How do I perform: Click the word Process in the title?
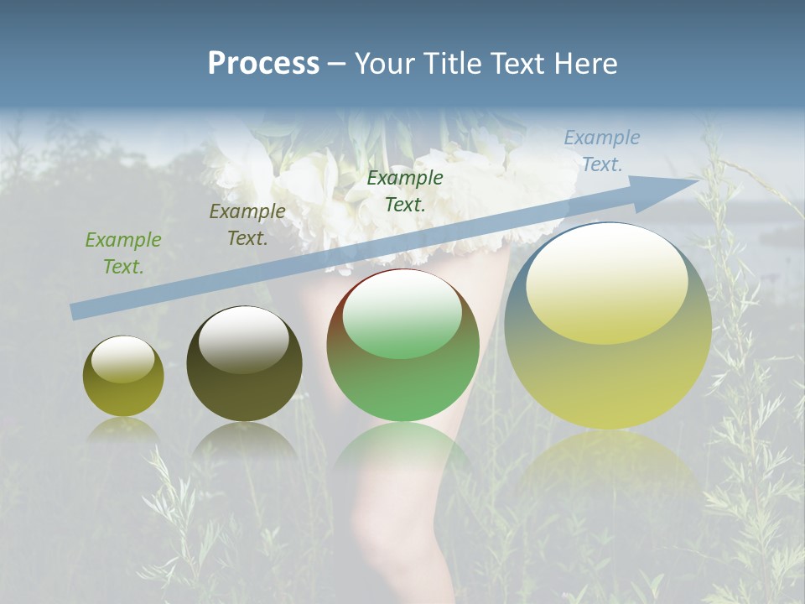click(x=263, y=64)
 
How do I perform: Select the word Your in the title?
click(x=382, y=64)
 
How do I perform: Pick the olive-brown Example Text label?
click(x=247, y=225)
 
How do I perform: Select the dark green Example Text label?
click(x=405, y=190)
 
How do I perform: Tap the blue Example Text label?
click(x=602, y=151)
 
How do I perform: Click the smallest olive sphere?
click(x=123, y=390)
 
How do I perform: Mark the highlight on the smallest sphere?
click(x=122, y=359)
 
